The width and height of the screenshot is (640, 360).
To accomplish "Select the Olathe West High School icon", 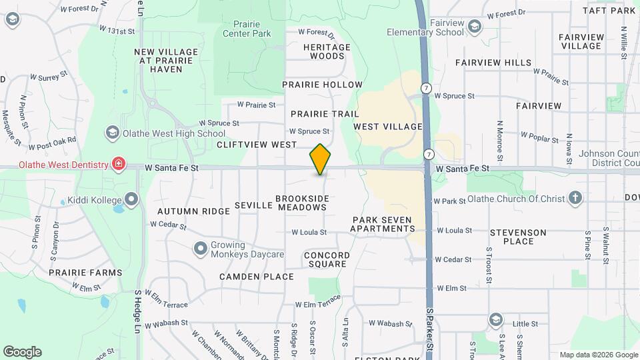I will pos(111,133).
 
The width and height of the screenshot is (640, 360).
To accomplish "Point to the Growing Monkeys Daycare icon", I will pos(200,249).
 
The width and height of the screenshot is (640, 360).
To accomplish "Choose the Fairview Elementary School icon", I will pos(474,27).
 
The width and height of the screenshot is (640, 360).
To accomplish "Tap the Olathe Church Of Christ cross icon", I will pos(575,198).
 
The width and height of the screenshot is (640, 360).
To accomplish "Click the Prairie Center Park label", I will pos(247,28).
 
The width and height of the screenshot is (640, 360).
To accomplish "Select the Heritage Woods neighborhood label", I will pos(327,52).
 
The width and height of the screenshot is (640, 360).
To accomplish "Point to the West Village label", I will pos(388,127).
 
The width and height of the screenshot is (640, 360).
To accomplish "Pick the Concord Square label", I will pos(325,259).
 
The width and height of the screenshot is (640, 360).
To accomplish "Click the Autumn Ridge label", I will pos(184,211).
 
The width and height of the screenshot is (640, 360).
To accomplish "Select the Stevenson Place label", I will pos(518,237).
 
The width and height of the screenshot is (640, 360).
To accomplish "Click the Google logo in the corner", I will pos(22,351).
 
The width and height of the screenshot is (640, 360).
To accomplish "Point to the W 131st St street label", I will pos(117,31).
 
